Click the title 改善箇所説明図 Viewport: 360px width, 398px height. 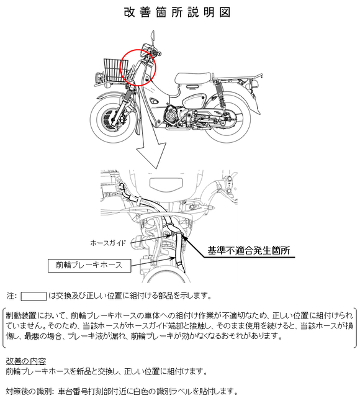pyautogui.click(x=177, y=12)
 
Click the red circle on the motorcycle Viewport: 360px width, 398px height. pyautogui.click(x=156, y=68)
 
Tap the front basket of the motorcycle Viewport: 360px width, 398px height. pyautogui.click(x=116, y=70)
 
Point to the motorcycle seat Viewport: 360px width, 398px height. pyautogui.click(x=194, y=78)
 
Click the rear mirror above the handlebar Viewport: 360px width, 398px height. pyautogui.click(x=153, y=36)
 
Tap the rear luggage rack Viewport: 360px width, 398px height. pyautogui.click(x=238, y=76)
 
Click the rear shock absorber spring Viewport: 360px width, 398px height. pyautogui.click(x=220, y=94)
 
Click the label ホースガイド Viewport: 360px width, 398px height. pyautogui.click(x=108, y=243)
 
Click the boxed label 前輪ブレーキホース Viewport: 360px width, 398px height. pyautogui.click(x=89, y=266)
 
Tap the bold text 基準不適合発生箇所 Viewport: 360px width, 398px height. pyautogui.click(x=249, y=250)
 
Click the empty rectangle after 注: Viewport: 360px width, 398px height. pyautogui.click(x=34, y=296)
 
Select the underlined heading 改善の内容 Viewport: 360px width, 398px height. pyautogui.click(x=25, y=361)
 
